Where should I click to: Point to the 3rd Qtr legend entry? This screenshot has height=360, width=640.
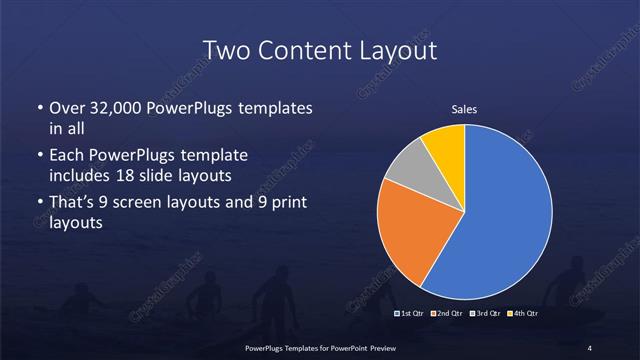485,314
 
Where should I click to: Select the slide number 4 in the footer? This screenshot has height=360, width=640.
589,347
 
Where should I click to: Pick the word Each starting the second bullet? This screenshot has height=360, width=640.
67,157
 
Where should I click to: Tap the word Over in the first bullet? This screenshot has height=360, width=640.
68,108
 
